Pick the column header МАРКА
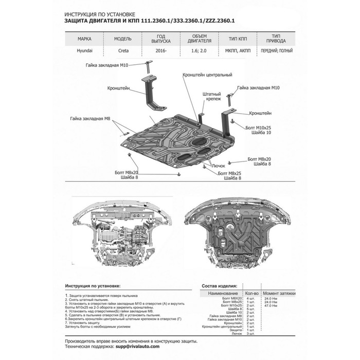[x=85, y=39]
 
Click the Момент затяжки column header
[x=281, y=293]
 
